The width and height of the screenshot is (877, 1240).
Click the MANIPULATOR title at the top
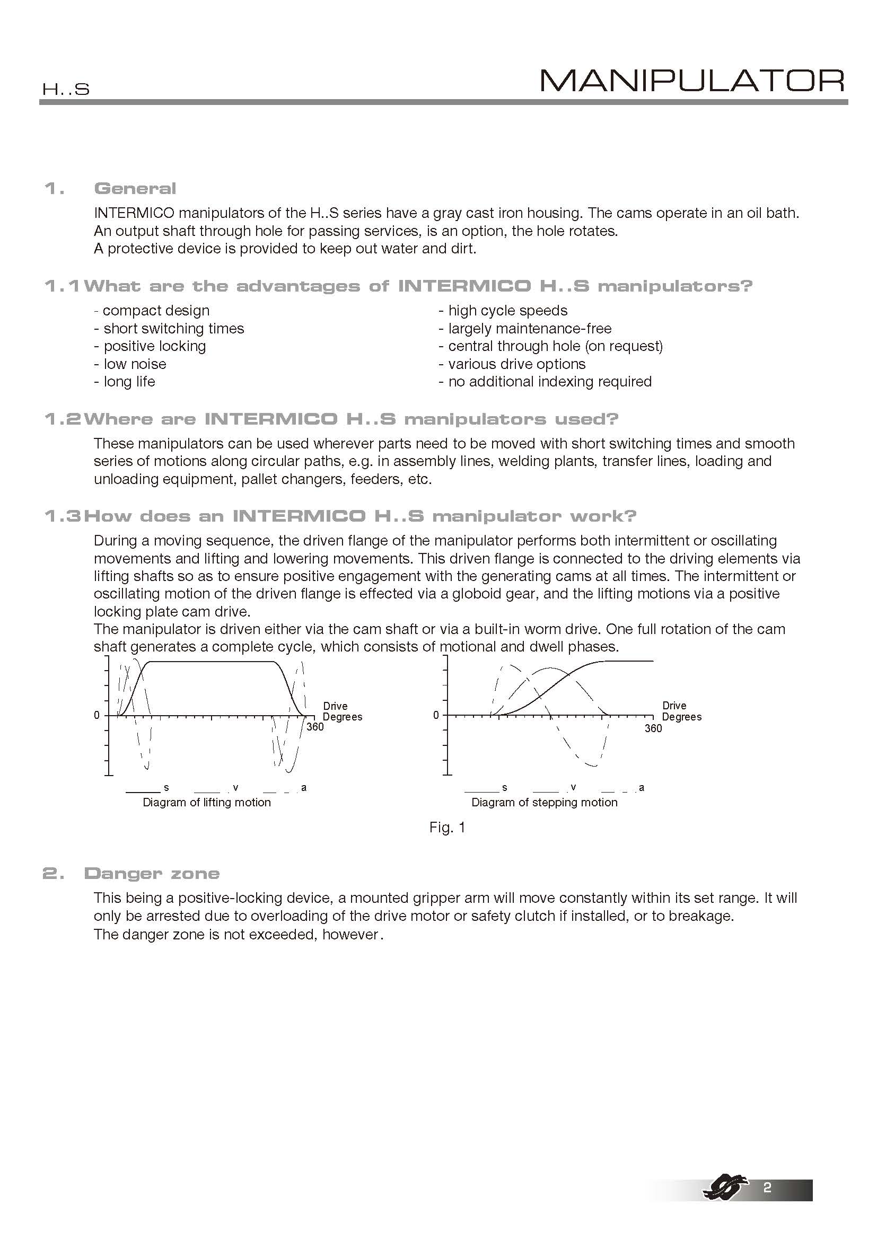pyautogui.click(x=692, y=81)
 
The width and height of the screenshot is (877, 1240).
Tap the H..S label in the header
pyautogui.click(x=66, y=90)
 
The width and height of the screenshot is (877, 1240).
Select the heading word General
pyautogui.click(x=135, y=189)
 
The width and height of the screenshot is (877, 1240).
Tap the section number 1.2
pyautogui.click(x=62, y=419)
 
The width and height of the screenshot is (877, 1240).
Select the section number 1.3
pyautogui.click(x=62, y=516)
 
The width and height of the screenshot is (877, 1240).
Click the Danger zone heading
pyautogui.click(x=152, y=874)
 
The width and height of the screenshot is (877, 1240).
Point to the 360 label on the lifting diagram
pyautogui.click(x=315, y=727)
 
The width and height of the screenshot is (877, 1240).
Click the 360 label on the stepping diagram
pyautogui.click(x=653, y=728)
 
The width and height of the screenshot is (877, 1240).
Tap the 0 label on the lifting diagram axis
pyautogui.click(x=97, y=715)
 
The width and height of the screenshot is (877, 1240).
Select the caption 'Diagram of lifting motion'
pyautogui.click(x=207, y=803)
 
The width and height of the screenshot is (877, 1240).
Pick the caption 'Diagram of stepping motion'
pyautogui.click(x=545, y=803)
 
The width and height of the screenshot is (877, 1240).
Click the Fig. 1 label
pyautogui.click(x=447, y=828)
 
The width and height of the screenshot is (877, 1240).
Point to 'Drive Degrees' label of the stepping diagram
pyautogui.click(x=681, y=711)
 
